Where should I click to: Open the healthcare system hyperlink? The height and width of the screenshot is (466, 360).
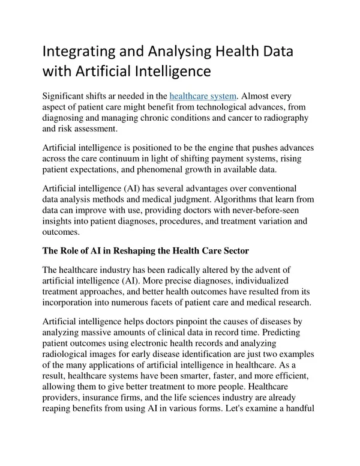[204, 95]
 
